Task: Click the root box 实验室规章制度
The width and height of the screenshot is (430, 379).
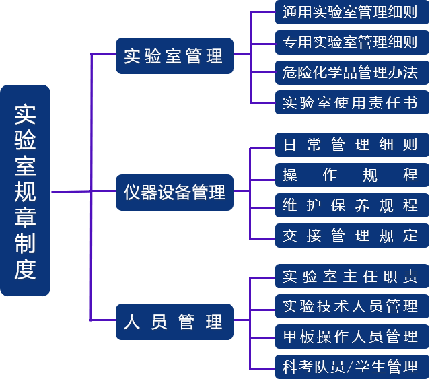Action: (26, 191)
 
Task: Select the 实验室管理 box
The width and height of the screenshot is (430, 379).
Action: (174, 56)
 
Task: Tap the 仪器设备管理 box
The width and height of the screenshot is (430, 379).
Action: (174, 193)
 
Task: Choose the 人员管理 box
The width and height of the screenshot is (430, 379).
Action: (174, 321)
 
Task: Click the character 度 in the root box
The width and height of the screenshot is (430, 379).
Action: (26, 269)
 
